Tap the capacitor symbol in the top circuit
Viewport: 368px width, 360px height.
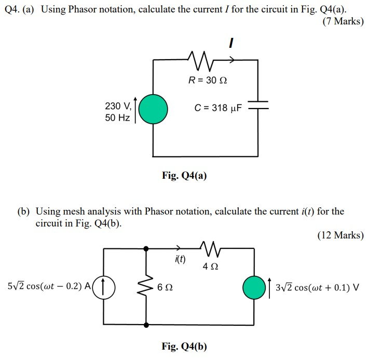pyautogui.click(x=258, y=106)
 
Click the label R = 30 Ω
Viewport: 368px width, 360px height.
pyautogui.click(x=208, y=81)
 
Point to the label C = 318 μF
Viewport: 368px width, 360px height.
pyautogui.click(x=218, y=108)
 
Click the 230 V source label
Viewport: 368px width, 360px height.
pyautogui.click(x=118, y=106)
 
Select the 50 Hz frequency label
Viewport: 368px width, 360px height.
pyautogui.click(x=117, y=118)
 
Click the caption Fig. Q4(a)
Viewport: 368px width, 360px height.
pyautogui.click(x=184, y=176)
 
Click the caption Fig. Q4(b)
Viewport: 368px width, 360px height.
pyautogui.click(x=184, y=346)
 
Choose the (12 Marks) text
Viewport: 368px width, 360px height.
pyautogui.click(x=340, y=235)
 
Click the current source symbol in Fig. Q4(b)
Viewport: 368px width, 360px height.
pyautogui.click(x=104, y=286)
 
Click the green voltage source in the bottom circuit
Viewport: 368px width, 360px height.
pyautogui.click(x=254, y=286)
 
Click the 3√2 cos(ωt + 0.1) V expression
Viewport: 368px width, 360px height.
pyautogui.click(x=317, y=286)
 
